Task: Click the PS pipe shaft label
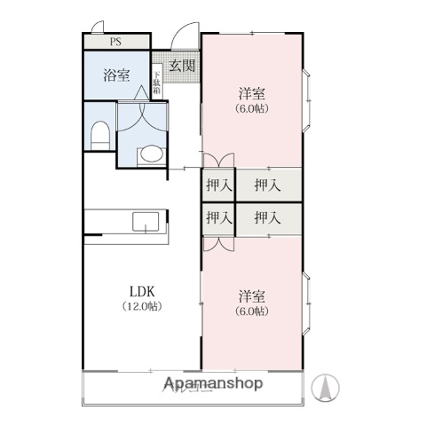(x=116, y=41)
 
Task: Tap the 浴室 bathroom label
(x=116, y=75)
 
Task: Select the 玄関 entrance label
(x=182, y=66)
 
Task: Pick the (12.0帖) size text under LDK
(x=142, y=307)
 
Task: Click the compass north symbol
(x=328, y=388)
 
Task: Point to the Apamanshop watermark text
(x=213, y=383)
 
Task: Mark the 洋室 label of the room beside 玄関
(x=253, y=93)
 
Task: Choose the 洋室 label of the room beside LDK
(x=253, y=296)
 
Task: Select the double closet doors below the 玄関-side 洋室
(x=218, y=162)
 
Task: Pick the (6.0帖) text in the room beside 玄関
(x=253, y=108)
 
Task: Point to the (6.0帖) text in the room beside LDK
(x=253, y=312)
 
